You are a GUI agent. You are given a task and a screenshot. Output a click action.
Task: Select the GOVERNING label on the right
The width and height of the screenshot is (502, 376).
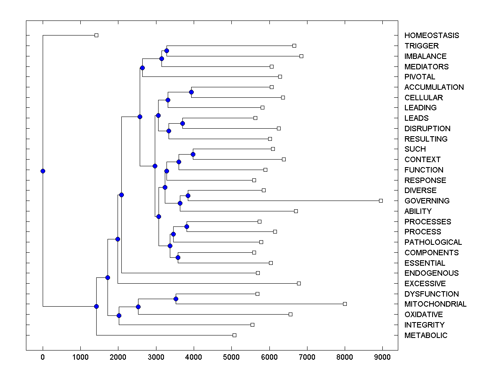427,201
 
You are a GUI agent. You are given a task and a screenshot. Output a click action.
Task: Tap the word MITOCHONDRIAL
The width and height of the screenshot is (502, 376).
435,304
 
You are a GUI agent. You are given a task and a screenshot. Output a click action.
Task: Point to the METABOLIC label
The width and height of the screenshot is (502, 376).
426,335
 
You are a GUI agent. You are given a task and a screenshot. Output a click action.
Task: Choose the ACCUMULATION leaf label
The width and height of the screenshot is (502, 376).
434,87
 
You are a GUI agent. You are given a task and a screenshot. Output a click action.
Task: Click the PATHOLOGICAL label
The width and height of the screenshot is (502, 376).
433,242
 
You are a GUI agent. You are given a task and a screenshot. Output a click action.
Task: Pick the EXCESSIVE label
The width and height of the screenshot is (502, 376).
425,284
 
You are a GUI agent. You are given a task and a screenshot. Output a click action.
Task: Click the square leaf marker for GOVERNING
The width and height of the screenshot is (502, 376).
381,201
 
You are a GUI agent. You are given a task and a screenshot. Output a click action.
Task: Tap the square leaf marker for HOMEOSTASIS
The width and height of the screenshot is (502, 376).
96,35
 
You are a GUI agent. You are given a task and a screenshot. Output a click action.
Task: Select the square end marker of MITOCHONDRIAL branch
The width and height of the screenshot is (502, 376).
345,304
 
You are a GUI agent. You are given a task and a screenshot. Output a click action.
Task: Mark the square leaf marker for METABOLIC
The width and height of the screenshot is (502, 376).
234,335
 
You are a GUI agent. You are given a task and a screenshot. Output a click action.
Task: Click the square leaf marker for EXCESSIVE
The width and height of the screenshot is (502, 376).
299,283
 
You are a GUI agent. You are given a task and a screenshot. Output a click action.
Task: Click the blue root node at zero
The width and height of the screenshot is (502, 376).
43,171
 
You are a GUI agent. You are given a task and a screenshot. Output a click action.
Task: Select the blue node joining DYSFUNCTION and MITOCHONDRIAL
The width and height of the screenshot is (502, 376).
176,299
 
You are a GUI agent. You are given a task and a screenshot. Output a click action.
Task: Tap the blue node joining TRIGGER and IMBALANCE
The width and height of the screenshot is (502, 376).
166,51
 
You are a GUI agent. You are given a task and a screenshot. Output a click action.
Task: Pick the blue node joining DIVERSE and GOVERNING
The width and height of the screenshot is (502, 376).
188,196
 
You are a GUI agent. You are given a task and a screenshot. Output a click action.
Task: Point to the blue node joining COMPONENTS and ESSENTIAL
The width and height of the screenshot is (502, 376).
178,257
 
